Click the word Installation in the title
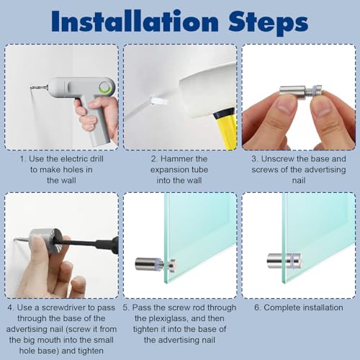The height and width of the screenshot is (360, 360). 135,21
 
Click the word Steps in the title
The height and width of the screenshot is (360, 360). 268,23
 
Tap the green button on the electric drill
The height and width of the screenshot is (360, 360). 105,86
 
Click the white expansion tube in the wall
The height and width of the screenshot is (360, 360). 158,101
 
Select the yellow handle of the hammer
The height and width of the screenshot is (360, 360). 225,127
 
